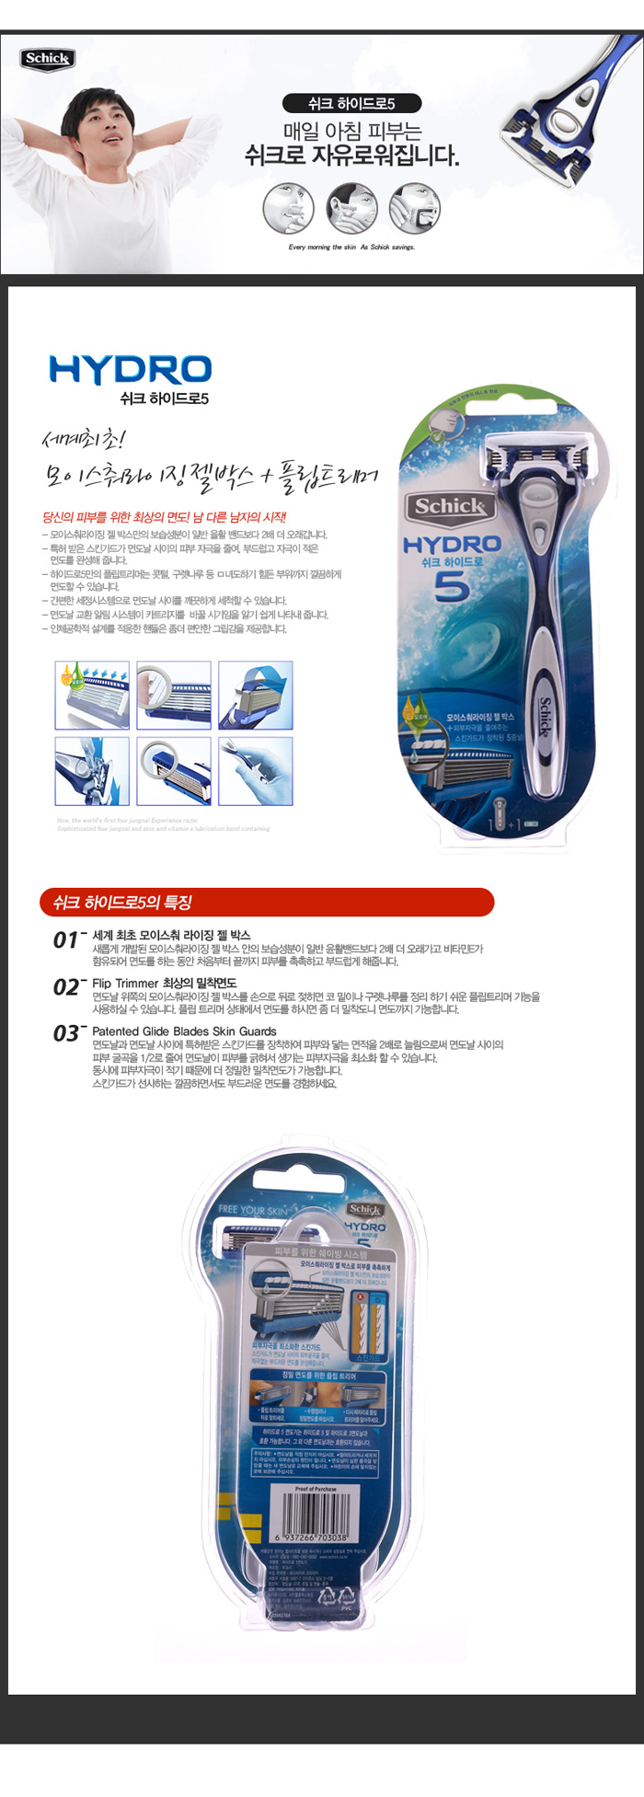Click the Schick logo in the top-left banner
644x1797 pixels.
tap(47, 59)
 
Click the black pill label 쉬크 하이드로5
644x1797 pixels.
tap(351, 104)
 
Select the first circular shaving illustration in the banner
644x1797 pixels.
tap(289, 208)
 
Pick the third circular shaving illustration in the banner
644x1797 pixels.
tap(415, 208)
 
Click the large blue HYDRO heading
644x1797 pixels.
tap(130, 369)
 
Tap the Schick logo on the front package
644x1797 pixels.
tap(448, 506)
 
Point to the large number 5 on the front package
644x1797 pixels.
tap(452, 585)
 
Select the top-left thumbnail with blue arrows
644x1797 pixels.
tap(92, 695)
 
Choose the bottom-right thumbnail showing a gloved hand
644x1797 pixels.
tap(256, 771)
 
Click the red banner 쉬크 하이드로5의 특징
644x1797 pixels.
tap(267, 902)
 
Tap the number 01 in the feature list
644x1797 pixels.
tap(66, 939)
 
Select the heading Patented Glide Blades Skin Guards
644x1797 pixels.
tap(184, 1031)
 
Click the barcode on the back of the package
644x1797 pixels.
tap(311, 1514)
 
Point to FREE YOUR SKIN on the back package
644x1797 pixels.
tap(253, 1210)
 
